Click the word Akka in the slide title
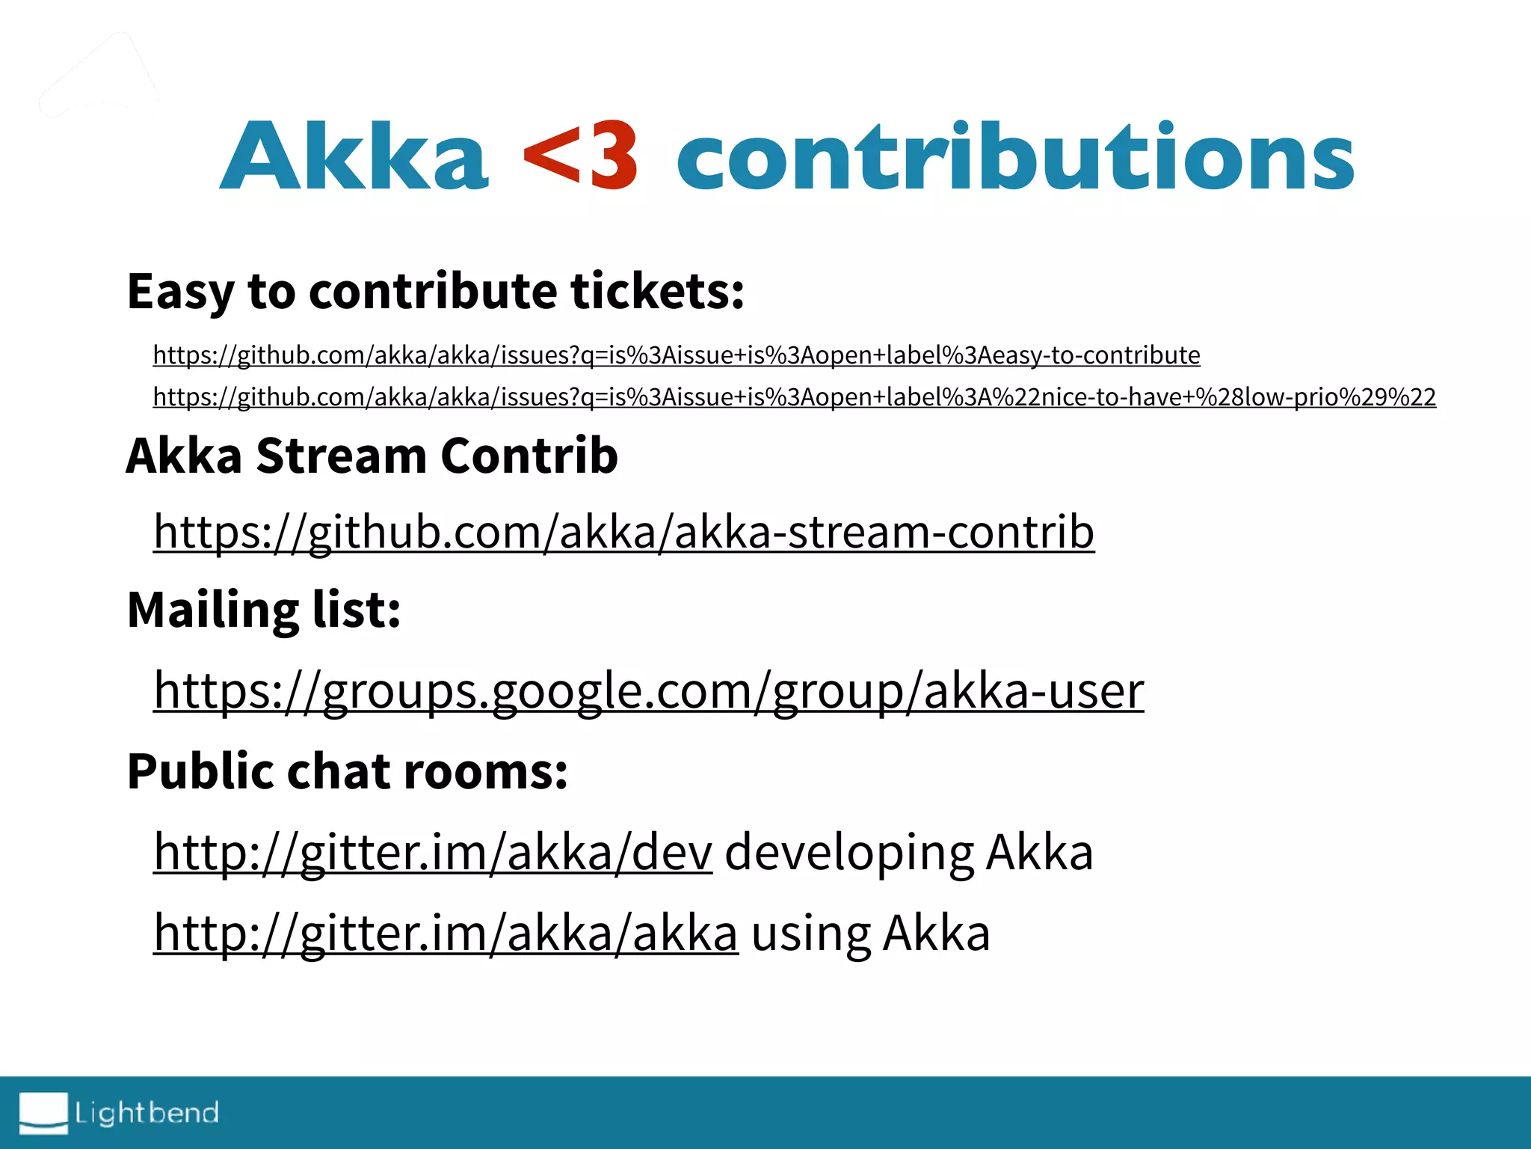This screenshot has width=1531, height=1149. (354, 157)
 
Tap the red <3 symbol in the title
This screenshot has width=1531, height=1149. (581, 157)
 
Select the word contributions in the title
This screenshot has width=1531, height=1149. (1014, 157)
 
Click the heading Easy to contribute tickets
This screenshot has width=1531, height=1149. (435, 291)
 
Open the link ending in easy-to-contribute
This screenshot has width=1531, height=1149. (676, 355)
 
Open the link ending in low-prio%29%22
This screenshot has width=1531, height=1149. (794, 397)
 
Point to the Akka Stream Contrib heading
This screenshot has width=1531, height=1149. (372, 456)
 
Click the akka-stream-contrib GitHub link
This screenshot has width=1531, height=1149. (623, 532)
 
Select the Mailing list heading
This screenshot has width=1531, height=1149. (264, 610)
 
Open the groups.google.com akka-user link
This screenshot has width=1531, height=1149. (648, 690)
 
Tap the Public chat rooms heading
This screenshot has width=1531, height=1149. (347, 771)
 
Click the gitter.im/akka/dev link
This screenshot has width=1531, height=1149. (433, 852)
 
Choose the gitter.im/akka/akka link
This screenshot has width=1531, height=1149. (446, 933)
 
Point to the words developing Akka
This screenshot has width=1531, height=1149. (908, 852)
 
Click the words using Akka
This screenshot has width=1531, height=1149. (870, 933)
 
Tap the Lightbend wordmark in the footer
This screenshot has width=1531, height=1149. (147, 1113)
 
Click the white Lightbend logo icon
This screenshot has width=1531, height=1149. (43, 1112)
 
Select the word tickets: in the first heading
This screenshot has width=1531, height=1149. (657, 291)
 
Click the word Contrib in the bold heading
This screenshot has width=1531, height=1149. (529, 456)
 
